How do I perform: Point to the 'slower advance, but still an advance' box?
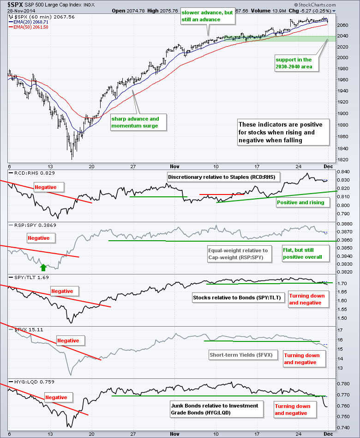[x=207, y=16]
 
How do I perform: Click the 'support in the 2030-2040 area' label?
[x=294, y=63]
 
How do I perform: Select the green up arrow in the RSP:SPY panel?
[x=43, y=267]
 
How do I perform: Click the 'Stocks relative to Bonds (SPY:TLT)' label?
[x=237, y=298]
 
